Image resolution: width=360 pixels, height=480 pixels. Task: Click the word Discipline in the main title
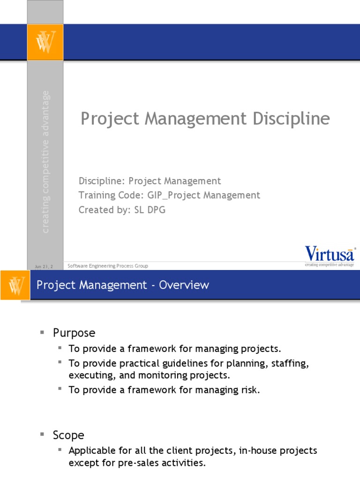(x=291, y=119)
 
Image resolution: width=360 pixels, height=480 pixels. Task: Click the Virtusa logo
(x=330, y=254)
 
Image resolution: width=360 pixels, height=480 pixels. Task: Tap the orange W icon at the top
(x=45, y=42)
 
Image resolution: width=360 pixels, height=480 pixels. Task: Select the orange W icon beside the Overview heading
(x=15, y=285)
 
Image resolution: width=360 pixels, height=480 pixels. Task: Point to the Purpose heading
(x=74, y=333)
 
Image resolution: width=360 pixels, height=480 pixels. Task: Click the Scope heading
(x=68, y=435)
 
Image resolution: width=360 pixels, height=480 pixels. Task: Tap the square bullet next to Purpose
(x=42, y=332)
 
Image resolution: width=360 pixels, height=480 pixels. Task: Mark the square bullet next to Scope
(x=42, y=435)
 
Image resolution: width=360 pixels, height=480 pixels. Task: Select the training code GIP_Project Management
(x=196, y=195)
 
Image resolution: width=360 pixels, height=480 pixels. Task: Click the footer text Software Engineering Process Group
(x=108, y=266)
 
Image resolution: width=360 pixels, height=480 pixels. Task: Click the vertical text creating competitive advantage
(x=45, y=162)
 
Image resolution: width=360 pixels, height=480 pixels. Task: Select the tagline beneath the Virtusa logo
(x=330, y=265)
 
